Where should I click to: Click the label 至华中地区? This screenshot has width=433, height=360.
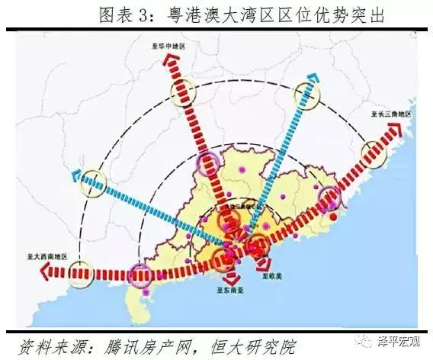(166, 47)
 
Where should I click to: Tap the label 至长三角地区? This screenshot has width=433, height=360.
(391, 114)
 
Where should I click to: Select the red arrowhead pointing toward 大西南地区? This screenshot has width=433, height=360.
(37, 273)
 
